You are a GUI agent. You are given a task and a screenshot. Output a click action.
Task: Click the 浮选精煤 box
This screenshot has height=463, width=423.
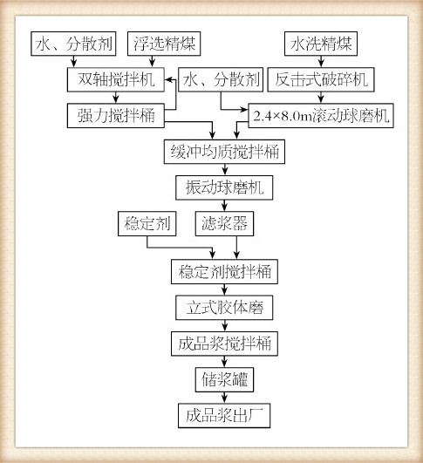click(164, 44)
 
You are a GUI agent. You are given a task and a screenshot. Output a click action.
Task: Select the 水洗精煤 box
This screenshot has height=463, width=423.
click(321, 44)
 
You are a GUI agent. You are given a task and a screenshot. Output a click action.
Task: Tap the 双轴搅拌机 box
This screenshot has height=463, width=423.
click(116, 79)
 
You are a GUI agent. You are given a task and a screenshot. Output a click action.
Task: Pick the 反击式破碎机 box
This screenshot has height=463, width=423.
click(321, 79)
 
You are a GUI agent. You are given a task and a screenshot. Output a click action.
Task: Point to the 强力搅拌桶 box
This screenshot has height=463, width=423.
click(116, 115)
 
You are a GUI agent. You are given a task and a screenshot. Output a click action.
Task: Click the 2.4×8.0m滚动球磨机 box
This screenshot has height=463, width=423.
click(321, 115)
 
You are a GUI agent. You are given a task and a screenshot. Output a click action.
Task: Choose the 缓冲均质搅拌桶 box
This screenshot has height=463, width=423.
click(224, 152)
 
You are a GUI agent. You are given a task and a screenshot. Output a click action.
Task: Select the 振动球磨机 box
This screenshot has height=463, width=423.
click(224, 187)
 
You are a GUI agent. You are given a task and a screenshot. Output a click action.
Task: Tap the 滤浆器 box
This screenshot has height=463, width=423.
click(224, 223)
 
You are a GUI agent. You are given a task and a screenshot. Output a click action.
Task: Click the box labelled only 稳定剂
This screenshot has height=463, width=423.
click(147, 223)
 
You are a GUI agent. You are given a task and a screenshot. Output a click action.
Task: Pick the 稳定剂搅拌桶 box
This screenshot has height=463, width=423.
click(224, 272)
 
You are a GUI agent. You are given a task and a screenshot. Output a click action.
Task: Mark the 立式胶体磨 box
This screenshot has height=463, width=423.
click(224, 308)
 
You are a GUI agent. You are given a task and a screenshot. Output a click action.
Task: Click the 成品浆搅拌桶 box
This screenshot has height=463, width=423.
click(224, 344)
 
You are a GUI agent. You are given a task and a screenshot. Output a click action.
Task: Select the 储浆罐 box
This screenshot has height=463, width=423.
click(224, 380)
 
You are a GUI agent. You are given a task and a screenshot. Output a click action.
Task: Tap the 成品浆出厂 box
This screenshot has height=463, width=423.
click(224, 415)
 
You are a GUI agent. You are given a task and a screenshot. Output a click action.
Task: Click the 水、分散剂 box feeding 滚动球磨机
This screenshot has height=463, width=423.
click(221, 79)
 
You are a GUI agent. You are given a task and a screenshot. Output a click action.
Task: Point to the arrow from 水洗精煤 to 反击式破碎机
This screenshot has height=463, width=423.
click(321, 62)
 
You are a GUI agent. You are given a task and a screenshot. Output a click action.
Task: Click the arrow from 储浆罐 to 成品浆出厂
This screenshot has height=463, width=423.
click(224, 398)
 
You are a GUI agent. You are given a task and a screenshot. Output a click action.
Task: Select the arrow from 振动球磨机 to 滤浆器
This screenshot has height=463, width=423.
click(224, 206)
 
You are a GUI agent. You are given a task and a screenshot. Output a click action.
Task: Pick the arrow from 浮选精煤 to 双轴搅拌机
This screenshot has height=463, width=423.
click(152, 62)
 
